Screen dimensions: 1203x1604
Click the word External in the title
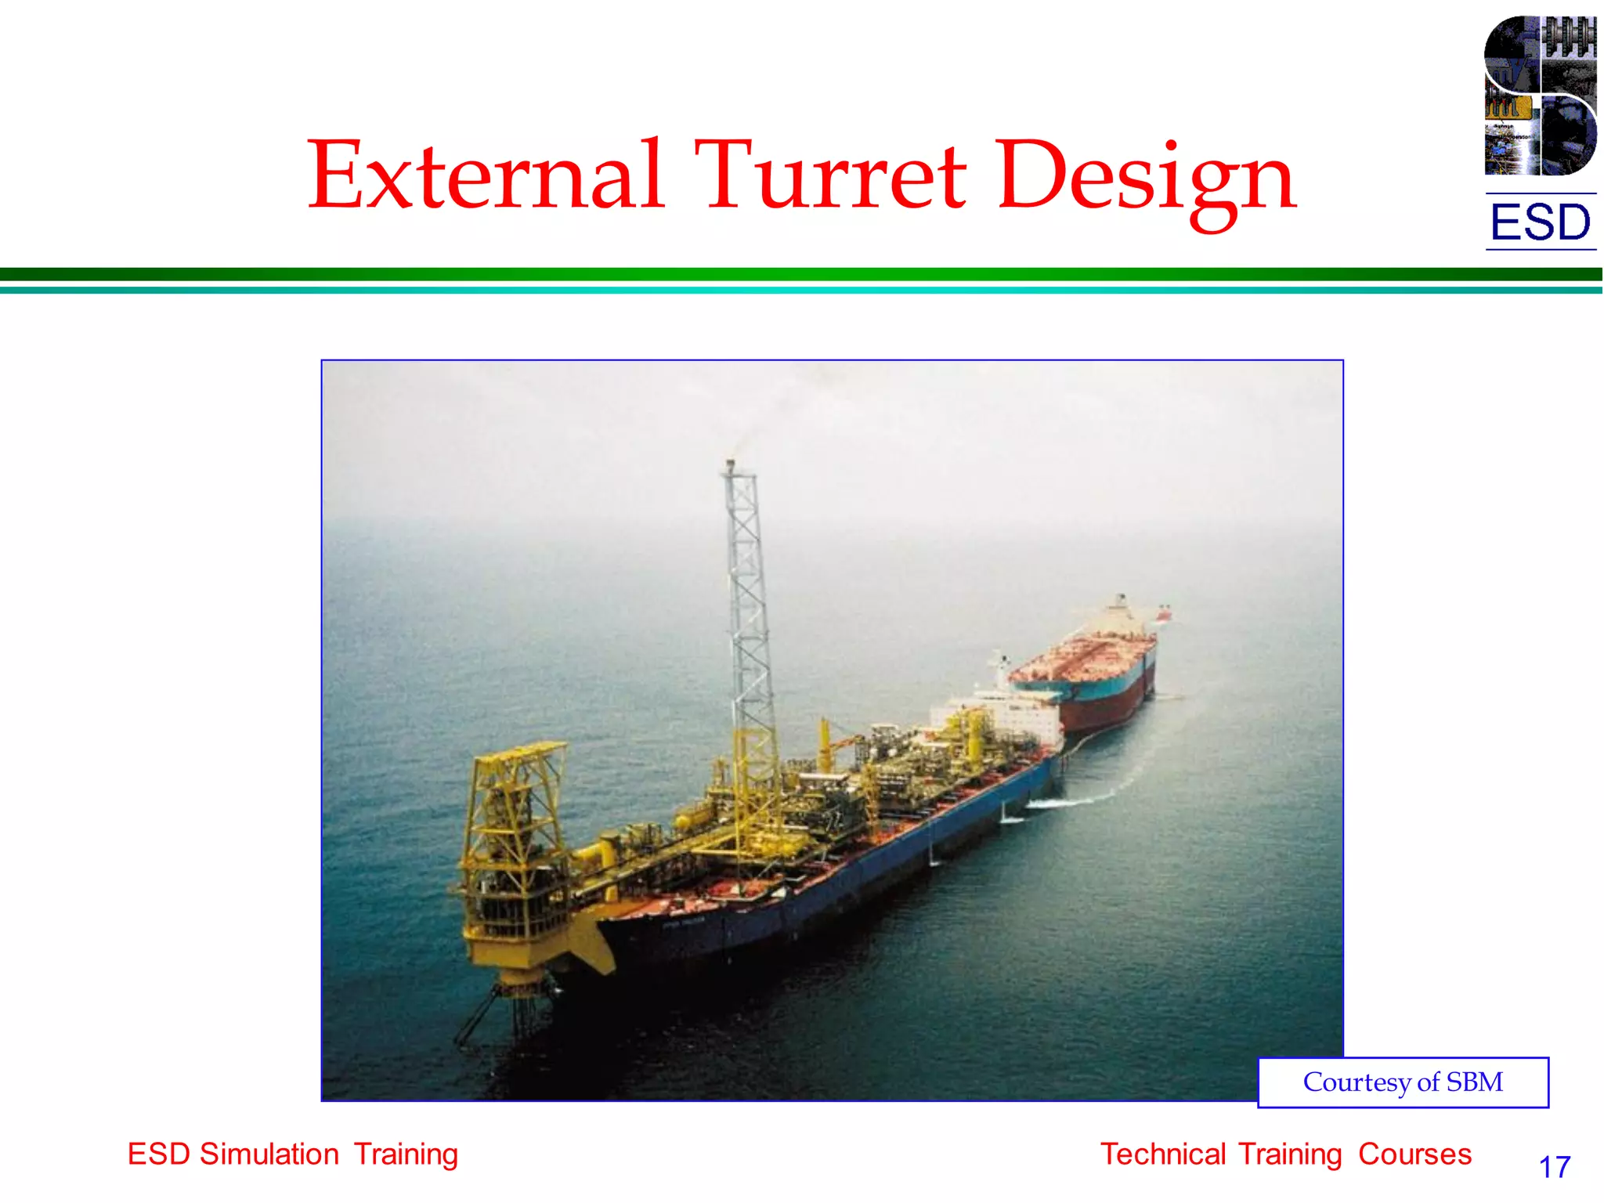point(486,175)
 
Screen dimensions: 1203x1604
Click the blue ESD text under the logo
point(1540,222)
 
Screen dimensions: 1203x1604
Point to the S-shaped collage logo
point(1540,96)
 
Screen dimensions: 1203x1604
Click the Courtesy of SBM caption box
point(1403,1082)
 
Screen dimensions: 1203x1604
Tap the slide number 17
point(1555,1167)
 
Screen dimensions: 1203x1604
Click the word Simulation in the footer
point(269,1154)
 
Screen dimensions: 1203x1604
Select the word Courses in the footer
point(1414,1154)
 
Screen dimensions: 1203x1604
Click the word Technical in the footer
point(1164,1154)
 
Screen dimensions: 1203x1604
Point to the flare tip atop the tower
point(731,465)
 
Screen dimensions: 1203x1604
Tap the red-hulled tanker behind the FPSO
point(1096,681)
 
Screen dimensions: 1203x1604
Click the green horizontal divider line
point(802,274)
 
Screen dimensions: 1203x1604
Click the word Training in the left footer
point(406,1154)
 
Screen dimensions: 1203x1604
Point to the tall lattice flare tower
point(748,627)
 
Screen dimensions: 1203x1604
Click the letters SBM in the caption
point(1474,1082)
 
